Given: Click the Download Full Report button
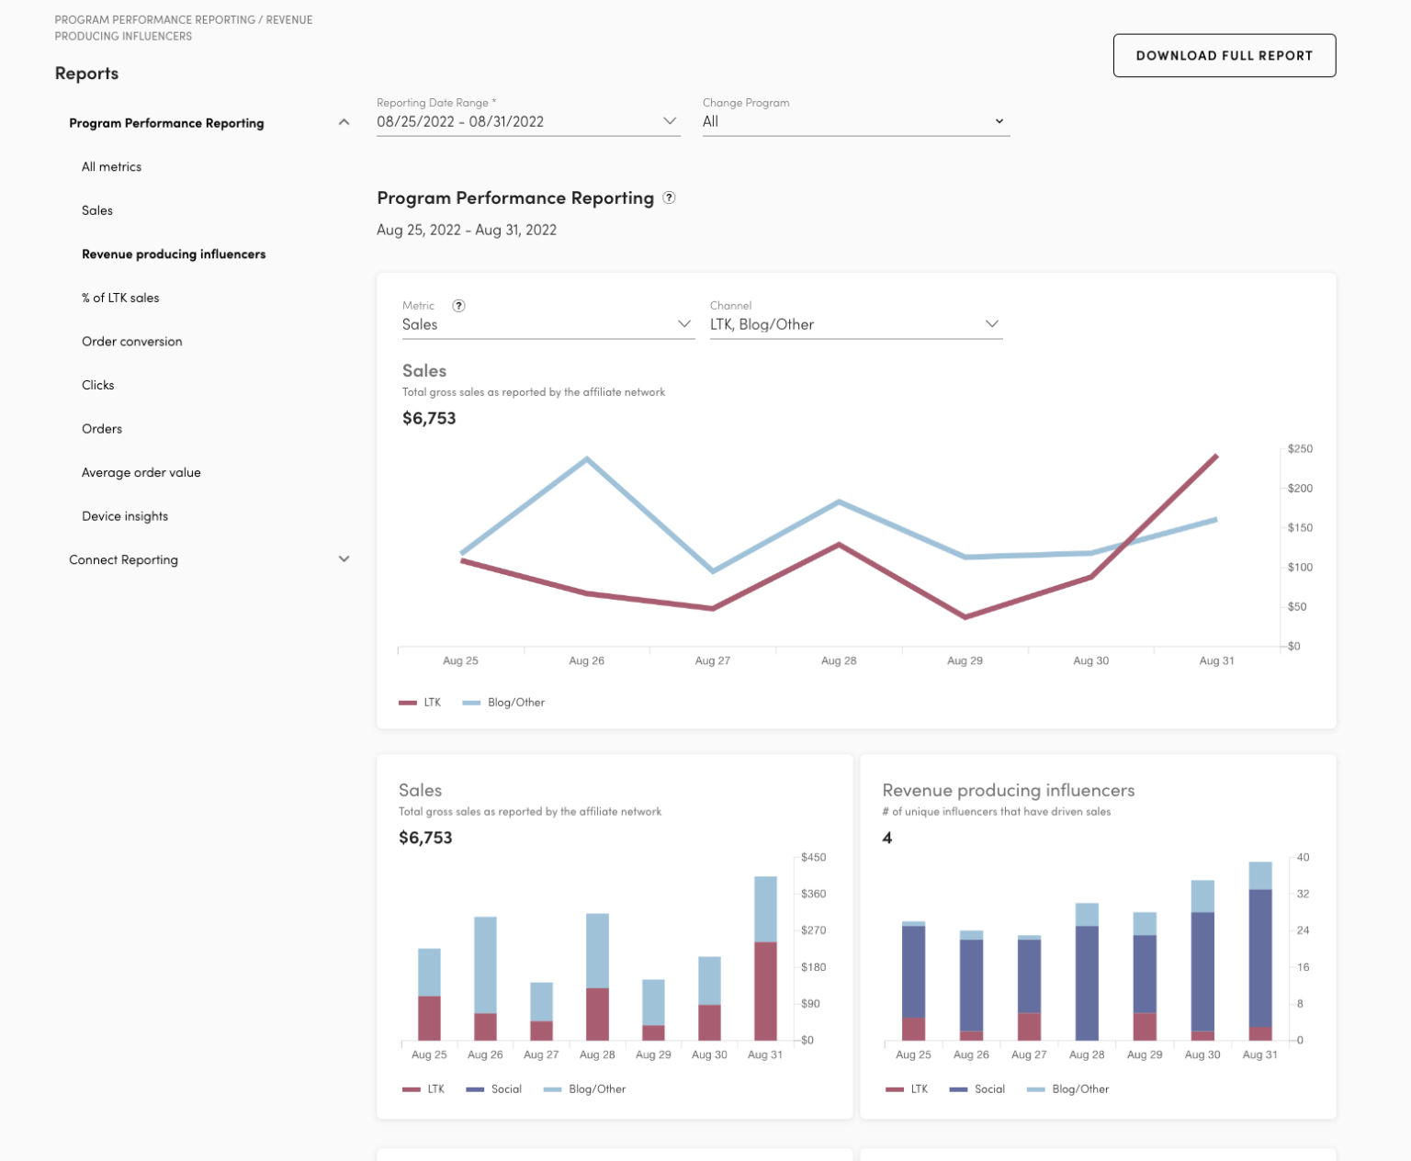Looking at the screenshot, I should pos(1224,56).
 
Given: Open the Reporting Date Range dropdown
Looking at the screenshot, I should pos(527,121).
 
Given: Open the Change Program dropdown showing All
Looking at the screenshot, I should pos(854,121).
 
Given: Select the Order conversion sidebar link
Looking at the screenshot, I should pos(131,342).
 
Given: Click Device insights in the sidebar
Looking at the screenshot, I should pos(125,516).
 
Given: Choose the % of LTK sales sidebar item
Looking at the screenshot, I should pos(120,298).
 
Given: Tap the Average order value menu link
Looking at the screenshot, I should pos(141,472).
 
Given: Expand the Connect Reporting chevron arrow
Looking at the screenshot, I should pos(344,558).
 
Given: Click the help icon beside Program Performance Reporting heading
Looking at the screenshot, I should pos(669,197).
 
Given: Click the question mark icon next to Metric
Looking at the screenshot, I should pos(458,306).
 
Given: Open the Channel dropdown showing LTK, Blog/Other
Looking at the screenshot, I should pos(854,324).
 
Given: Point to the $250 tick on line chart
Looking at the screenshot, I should pos(1299,449).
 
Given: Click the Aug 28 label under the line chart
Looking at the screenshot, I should pos(838,660).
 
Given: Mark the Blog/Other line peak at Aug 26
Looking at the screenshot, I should pos(587,458).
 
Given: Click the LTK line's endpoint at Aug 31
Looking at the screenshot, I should pos(1216,456).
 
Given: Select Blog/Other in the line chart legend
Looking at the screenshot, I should pos(515,703).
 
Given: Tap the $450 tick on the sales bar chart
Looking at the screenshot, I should pos(813,858).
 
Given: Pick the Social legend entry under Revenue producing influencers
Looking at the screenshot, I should pos(988,1089).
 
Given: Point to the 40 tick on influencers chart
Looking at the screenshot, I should pos(1303,858).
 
